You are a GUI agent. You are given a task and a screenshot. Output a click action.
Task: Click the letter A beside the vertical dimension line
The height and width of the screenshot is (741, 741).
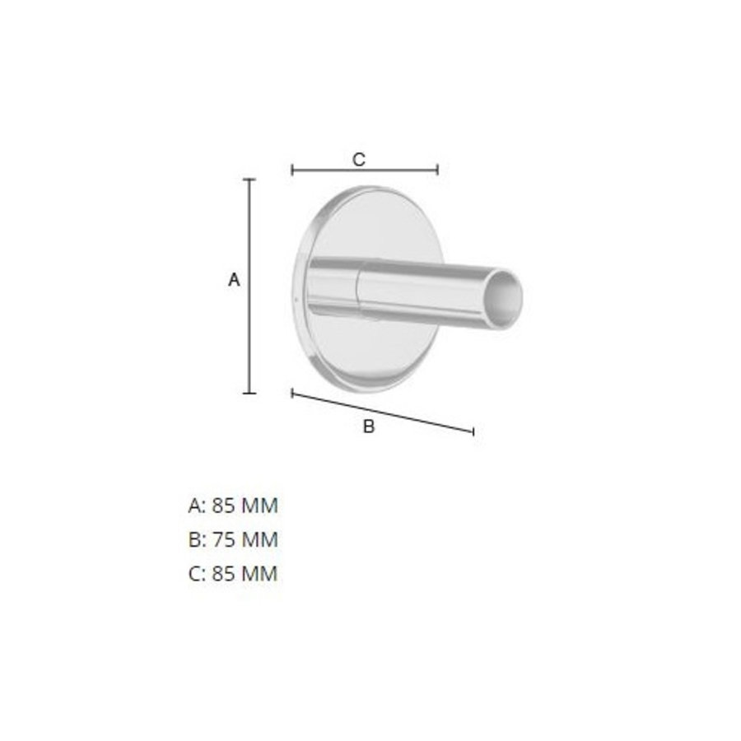click(x=234, y=281)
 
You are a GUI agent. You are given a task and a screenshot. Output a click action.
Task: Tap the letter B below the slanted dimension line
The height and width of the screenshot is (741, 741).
click(x=369, y=426)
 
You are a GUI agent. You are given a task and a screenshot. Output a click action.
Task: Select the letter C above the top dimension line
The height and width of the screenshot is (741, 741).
click(x=359, y=160)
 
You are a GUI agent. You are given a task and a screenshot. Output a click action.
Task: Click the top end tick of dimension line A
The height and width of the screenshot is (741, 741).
click(x=250, y=179)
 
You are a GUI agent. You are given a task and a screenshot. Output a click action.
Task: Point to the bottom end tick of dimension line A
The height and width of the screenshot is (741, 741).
click(x=250, y=393)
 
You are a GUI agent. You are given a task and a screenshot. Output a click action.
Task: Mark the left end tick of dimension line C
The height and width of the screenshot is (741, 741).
click(x=293, y=170)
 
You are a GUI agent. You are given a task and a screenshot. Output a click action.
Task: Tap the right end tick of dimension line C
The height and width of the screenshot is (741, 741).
click(x=437, y=170)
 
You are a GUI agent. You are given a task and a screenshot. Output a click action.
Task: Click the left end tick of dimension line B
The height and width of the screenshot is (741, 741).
click(x=293, y=394)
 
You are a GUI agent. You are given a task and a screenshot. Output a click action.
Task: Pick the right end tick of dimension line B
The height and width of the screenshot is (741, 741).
click(x=473, y=431)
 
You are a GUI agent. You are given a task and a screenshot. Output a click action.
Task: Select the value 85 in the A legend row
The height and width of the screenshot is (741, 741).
click(x=224, y=506)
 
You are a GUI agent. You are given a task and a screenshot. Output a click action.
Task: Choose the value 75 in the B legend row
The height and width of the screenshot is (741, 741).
click(x=224, y=540)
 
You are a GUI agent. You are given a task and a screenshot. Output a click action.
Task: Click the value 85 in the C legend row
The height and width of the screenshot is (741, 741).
click(x=224, y=574)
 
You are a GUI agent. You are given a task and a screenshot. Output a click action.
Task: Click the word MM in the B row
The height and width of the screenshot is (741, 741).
click(x=259, y=540)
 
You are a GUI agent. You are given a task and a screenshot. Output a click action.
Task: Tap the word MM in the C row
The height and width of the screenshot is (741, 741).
click(x=259, y=574)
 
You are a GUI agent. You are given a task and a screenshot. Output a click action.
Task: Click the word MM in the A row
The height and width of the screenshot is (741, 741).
click(x=259, y=506)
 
